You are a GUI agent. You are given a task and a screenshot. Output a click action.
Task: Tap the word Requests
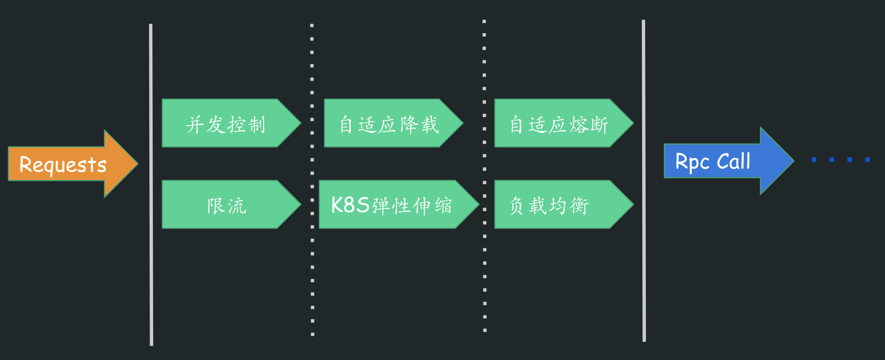click(x=63, y=164)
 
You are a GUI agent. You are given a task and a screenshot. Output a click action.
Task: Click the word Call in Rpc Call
click(x=733, y=162)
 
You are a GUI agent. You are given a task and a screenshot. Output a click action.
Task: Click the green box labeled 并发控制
click(x=226, y=124)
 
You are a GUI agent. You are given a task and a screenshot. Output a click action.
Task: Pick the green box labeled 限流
click(x=226, y=205)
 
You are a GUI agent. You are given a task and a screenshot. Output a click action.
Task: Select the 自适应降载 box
click(x=389, y=124)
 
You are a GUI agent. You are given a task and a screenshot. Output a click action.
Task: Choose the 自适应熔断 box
click(x=559, y=124)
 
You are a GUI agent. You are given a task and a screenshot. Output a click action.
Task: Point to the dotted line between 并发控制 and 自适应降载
click(x=312, y=160)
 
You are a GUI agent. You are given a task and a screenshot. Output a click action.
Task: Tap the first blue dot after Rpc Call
click(x=814, y=160)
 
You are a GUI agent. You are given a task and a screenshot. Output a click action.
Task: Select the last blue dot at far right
click(x=867, y=160)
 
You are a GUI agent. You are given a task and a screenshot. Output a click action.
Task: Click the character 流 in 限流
click(x=237, y=206)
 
